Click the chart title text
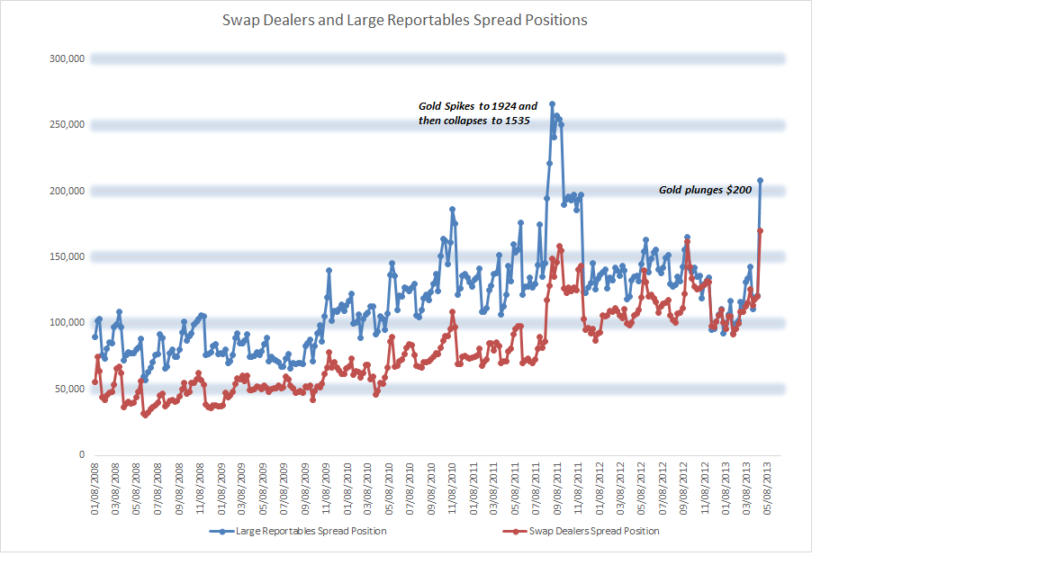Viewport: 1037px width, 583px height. (x=405, y=20)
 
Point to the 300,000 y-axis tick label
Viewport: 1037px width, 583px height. (x=66, y=59)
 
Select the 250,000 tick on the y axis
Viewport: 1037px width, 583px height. (x=66, y=125)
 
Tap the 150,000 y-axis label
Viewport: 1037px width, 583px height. (x=66, y=257)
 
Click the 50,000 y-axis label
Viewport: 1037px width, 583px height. (x=68, y=389)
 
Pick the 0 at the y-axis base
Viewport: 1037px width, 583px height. (x=80, y=455)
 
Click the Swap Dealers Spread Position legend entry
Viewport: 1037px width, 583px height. (x=582, y=532)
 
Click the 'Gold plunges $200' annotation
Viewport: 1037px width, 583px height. (x=705, y=190)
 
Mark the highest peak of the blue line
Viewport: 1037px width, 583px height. (x=552, y=104)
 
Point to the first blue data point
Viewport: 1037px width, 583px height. (x=95, y=336)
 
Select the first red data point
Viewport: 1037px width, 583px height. (x=95, y=382)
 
